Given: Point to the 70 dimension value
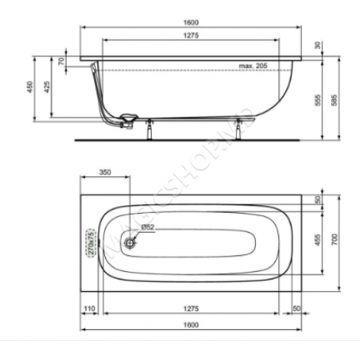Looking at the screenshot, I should [61, 61].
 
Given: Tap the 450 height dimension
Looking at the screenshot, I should [31, 87].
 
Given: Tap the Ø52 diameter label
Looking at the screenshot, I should [149, 227].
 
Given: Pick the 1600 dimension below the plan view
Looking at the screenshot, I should [191, 324].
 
